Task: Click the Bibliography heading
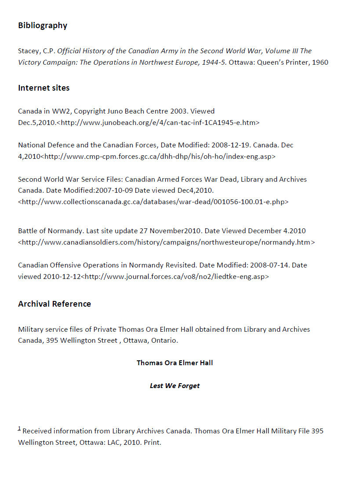[x=43, y=26]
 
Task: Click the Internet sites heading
[x=44, y=88]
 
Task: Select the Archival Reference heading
[x=55, y=304]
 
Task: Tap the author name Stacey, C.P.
[x=36, y=51]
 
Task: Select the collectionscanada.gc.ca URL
[x=153, y=202]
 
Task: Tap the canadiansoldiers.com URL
[x=167, y=242]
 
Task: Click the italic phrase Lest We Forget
[x=175, y=386]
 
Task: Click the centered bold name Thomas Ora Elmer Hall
[x=175, y=363]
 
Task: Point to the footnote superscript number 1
[x=19, y=429]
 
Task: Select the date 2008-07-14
[x=269, y=265]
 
